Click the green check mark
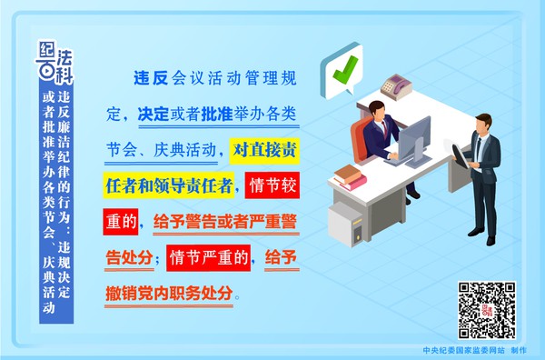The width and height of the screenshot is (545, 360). (344, 70)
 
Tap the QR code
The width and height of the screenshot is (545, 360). (486, 310)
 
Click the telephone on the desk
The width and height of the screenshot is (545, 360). (396, 85)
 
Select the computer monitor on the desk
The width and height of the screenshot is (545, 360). (413, 141)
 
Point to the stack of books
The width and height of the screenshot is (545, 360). (350, 177)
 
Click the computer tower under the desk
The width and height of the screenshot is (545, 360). (348, 224)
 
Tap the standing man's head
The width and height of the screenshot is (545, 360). (483, 125)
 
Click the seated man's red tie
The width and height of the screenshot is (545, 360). (385, 128)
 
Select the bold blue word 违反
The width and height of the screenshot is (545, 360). (151, 78)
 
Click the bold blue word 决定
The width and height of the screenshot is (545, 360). (154, 114)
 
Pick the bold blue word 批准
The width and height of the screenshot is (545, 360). (217, 114)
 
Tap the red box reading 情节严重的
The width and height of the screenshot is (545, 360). (208, 258)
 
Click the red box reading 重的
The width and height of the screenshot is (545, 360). (120, 222)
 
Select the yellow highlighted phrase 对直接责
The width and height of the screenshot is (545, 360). (264, 150)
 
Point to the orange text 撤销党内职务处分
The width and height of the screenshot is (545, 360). (169, 294)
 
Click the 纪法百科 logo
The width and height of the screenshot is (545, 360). (54, 63)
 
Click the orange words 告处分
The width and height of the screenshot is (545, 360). (129, 258)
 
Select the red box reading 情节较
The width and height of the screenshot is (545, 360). (272, 185)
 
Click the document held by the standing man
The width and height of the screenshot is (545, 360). (461, 155)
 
